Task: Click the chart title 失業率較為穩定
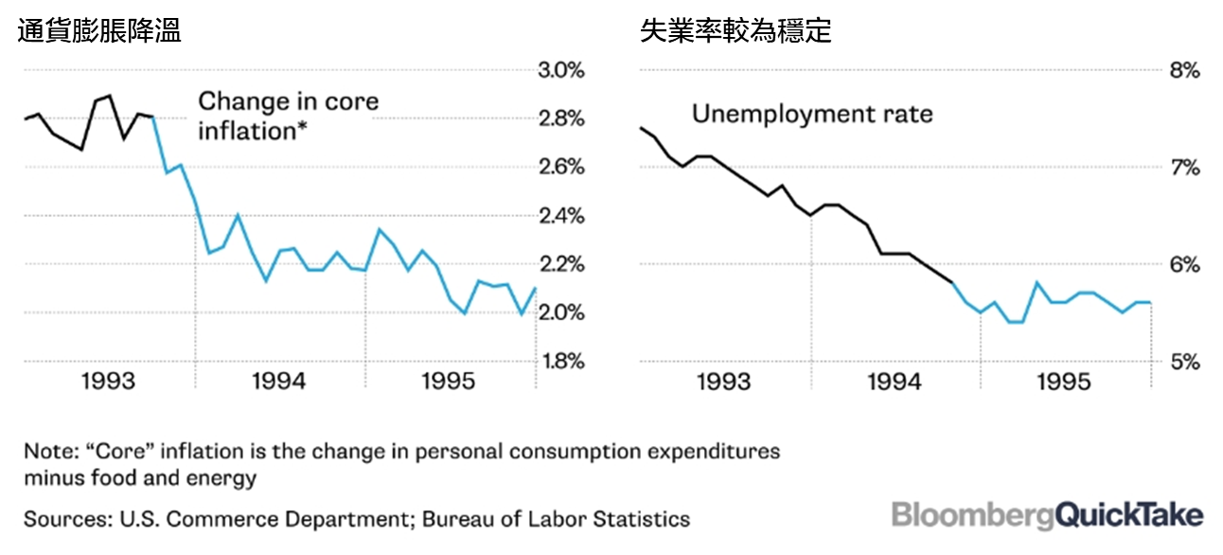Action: [736, 31]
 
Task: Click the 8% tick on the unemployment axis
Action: [1184, 71]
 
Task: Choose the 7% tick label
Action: [1184, 169]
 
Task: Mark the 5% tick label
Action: [1184, 362]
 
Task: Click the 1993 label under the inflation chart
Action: [111, 382]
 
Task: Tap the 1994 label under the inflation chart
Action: [280, 382]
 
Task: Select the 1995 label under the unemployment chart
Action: [1065, 382]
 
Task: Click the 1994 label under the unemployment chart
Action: [895, 382]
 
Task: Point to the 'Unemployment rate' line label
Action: [812, 115]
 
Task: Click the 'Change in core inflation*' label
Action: [288, 116]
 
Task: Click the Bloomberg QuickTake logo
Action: [1048, 515]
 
